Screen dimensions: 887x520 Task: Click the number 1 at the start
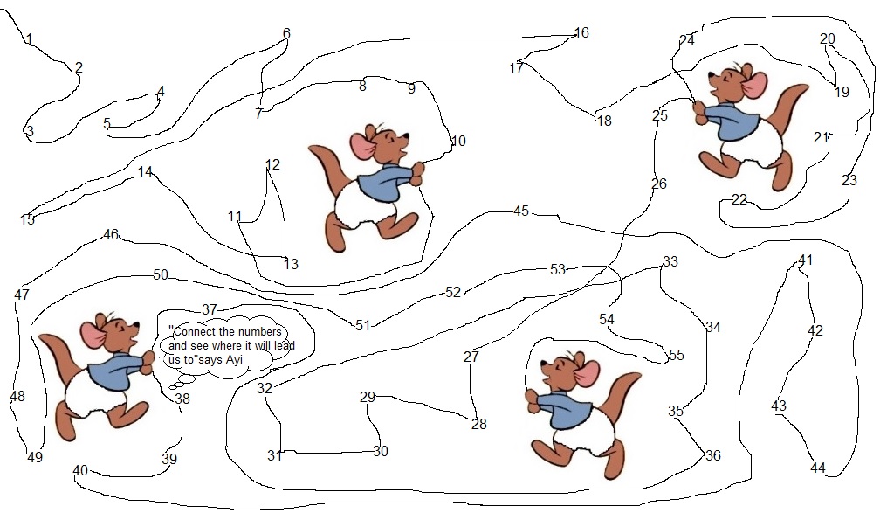(29, 39)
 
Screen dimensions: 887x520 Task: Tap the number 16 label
(581, 32)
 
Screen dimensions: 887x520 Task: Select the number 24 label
(687, 41)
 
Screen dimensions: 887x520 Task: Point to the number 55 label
(677, 355)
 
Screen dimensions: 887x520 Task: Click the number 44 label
(818, 468)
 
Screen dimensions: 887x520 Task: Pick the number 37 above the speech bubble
(210, 309)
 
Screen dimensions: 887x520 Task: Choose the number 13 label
(291, 264)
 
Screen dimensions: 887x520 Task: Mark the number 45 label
(521, 211)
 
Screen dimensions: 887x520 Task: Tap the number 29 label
(368, 397)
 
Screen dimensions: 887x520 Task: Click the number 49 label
(35, 456)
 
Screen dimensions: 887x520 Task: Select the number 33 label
(670, 261)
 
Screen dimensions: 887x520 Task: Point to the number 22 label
(739, 199)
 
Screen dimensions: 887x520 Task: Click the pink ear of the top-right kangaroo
(753, 85)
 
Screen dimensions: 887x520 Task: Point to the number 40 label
(80, 471)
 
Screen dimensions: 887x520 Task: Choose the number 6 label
(286, 33)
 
